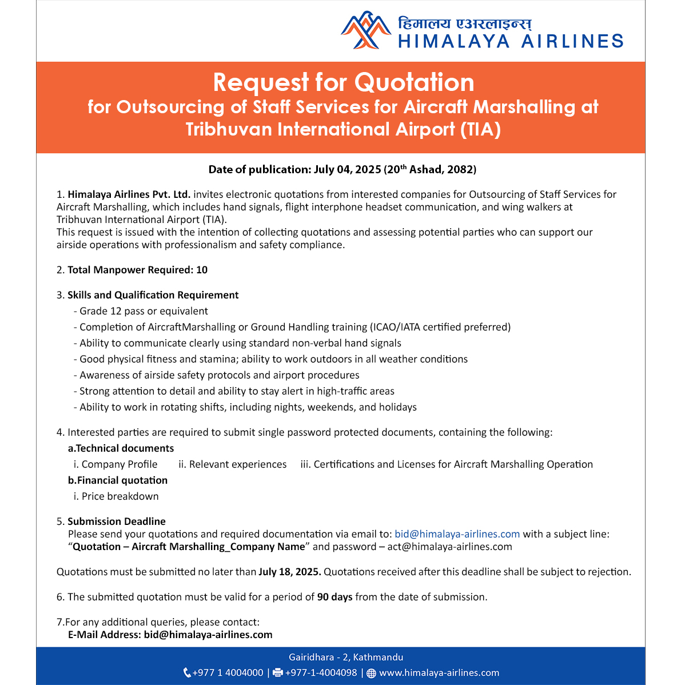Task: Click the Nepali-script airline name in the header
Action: tap(465, 23)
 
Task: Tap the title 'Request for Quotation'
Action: tap(344, 82)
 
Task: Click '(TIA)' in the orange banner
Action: tap(480, 129)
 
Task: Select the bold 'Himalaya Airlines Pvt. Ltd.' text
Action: tap(129, 194)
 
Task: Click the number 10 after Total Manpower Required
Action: tap(202, 270)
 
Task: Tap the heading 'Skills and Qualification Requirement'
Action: tap(153, 295)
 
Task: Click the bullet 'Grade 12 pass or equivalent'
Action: tap(144, 311)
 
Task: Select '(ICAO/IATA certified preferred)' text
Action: tap(440, 327)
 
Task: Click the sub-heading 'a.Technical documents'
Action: tap(121, 448)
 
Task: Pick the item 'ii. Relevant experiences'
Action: tap(232, 464)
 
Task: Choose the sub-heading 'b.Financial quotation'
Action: tap(118, 480)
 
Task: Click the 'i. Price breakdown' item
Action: tap(116, 496)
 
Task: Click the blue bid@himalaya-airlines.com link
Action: tap(457, 534)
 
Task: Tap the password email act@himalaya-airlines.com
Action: tap(449, 547)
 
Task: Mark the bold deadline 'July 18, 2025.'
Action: tap(290, 572)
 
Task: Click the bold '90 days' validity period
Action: tap(334, 597)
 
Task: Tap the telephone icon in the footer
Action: tap(187, 673)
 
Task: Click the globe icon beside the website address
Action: tap(371, 673)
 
